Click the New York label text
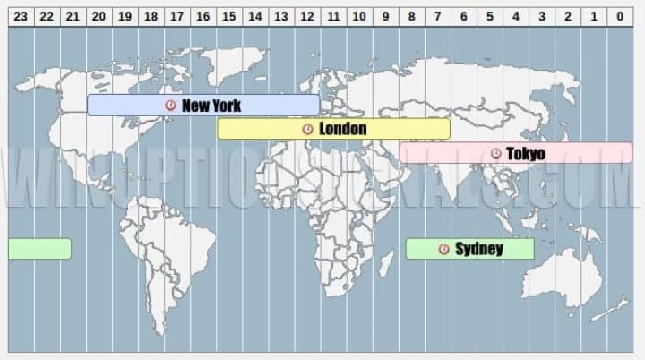click(211, 105)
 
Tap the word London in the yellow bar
click(342, 129)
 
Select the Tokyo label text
click(525, 154)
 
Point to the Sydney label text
click(478, 249)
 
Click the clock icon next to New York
click(171, 105)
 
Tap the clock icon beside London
click(308, 129)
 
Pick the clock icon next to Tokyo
click(495, 154)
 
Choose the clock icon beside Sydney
click(443, 249)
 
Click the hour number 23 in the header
click(21, 15)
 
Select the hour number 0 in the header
click(619, 15)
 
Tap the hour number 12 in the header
click(306, 15)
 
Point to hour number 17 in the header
click(176, 15)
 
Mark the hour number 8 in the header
click(411, 15)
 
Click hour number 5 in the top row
click(489, 15)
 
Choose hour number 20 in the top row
click(99, 15)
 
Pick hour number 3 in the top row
click(541, 15)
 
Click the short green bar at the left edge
click(39, 249)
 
